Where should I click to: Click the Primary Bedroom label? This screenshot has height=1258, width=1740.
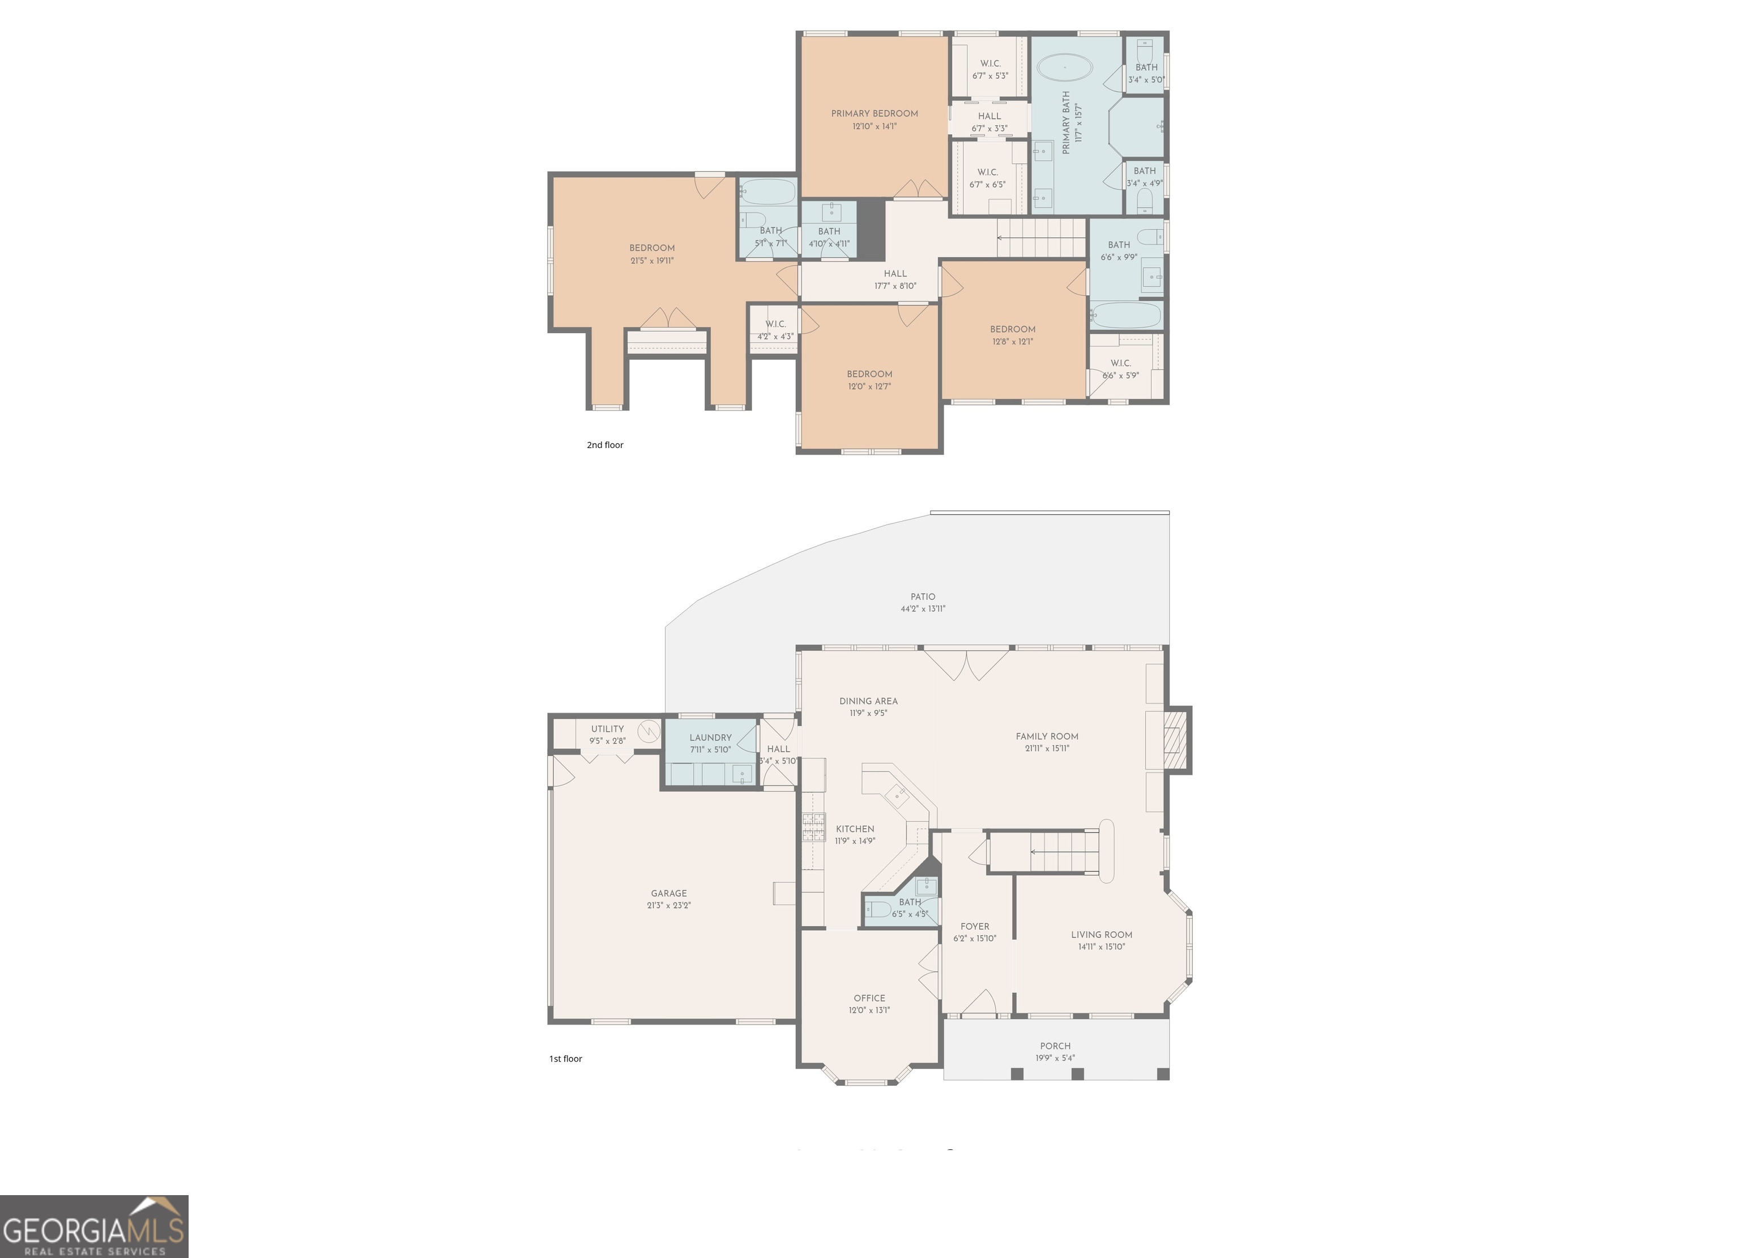875,113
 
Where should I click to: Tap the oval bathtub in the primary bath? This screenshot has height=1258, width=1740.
1065,67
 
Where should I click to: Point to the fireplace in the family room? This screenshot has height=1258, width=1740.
1176,740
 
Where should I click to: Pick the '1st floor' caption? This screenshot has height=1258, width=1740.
565,1059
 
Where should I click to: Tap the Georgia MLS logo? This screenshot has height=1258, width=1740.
93,1226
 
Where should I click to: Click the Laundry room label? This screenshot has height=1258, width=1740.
710,737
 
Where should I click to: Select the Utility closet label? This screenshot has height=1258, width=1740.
608,729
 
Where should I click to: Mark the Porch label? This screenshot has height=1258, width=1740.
1055,1046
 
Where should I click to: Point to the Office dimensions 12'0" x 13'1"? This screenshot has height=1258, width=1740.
869,1010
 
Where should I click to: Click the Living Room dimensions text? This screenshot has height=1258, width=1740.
1102,946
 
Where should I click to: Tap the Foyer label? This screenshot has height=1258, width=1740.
975,926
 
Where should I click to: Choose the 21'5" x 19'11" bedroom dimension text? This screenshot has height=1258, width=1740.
652,261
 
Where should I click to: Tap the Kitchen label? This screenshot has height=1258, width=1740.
855,829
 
